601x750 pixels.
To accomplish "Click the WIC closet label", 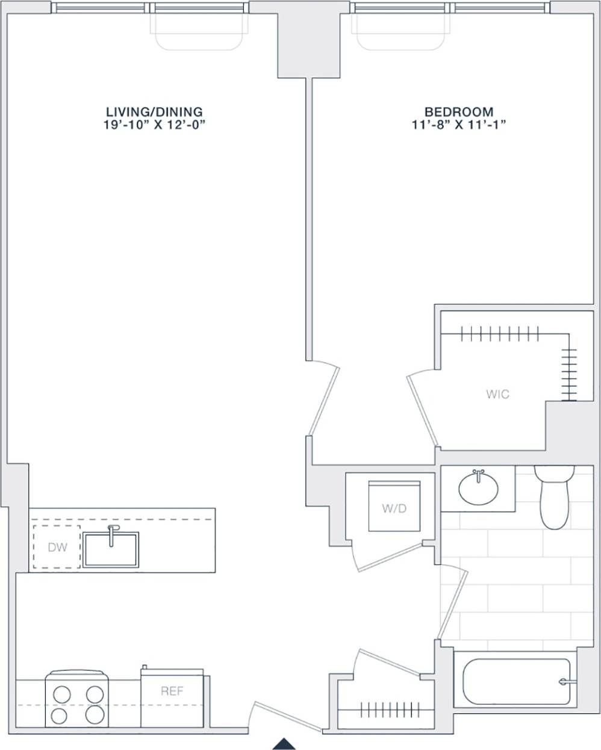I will pyautogui.click(x=497, y=395).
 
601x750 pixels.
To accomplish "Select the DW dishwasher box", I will pyautogui.click(x=57, y=547).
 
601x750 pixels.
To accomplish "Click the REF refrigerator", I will pyautogui.click(x=172, y=698).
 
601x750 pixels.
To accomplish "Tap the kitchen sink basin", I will pyautogui.click(x=111, y=551).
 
